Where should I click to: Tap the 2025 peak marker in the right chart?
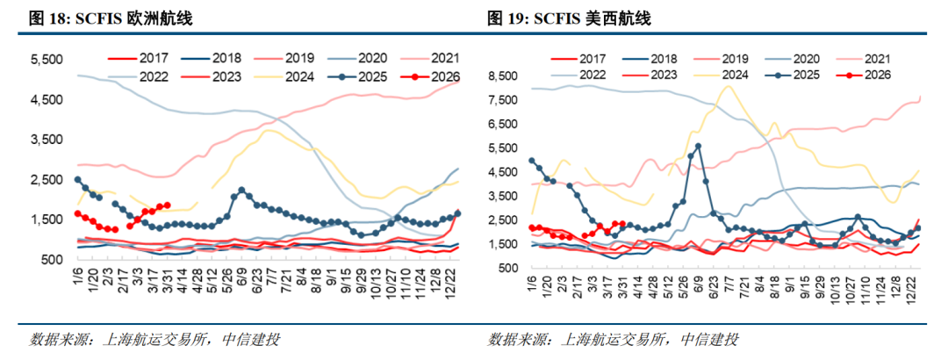point(698,147)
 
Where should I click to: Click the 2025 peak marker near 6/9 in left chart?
point(241,190)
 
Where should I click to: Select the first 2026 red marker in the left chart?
point(77,213)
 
